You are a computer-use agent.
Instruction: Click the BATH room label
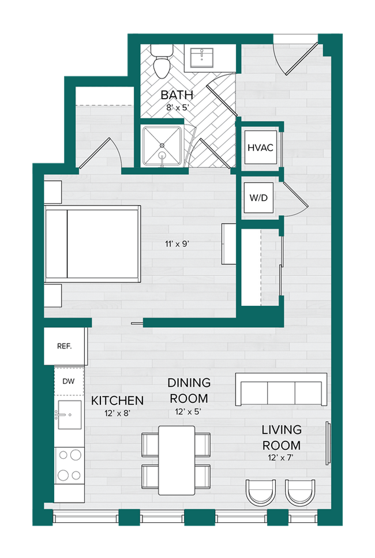coord(177,95)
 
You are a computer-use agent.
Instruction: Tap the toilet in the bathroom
coord(160,61)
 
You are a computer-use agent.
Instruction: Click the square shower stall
coord(163,145)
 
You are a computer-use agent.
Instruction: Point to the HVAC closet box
coord(260,147)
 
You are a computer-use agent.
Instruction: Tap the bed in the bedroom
coord(92,244)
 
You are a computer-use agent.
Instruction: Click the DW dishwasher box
coord(69,381)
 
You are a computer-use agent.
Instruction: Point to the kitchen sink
coord(69,414)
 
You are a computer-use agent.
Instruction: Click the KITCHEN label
coord(118,400)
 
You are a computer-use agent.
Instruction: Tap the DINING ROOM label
coord(189,391)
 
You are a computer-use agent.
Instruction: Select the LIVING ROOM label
coord(282,437)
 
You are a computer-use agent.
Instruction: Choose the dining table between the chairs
coord(177,460)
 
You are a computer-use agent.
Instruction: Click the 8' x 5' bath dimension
coord(177,107)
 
